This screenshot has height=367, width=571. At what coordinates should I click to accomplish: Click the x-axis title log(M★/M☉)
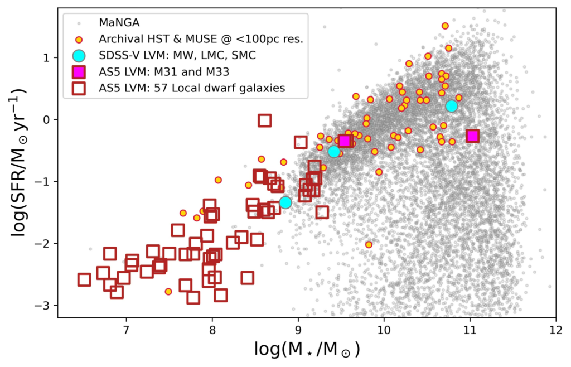pos(306,350)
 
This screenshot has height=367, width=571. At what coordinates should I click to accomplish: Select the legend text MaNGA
pos(119,23)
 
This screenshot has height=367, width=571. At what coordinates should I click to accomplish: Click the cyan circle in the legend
pos(79,55)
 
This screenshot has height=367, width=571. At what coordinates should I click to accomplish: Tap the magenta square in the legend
pos(79,71)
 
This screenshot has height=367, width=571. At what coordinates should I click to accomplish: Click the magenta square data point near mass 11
pos(472,136)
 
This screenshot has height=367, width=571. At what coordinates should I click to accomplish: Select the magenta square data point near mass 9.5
pos(345,141)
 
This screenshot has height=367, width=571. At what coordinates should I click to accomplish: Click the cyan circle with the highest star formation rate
pos(452,106)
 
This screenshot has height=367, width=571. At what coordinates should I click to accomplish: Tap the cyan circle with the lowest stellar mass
pos(285,202)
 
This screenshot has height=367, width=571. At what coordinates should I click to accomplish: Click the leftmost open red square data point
pos(84,280)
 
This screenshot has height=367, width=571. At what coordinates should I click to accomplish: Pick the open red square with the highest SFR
pos(264,120)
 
